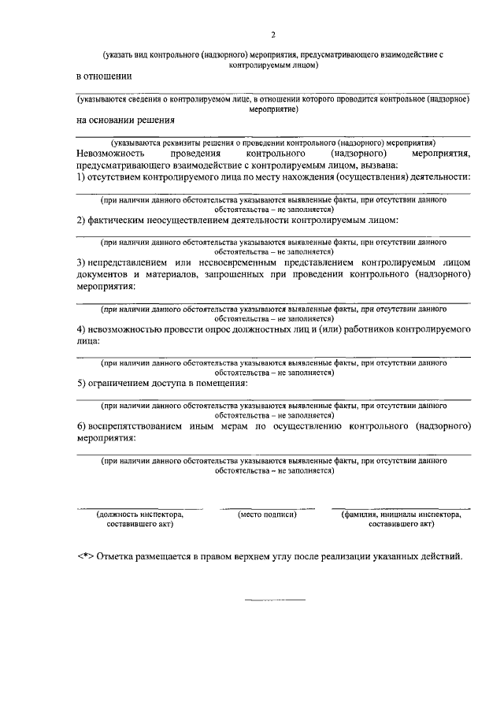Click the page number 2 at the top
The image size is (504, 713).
pos(273,35)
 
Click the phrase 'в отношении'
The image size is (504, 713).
pos(104,77)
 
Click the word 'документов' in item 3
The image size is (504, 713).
pos(103,273)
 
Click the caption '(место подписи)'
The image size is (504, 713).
pos(267,514)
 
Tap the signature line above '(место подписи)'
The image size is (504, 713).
pos(267,507)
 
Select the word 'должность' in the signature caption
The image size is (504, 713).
pos(116,514)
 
